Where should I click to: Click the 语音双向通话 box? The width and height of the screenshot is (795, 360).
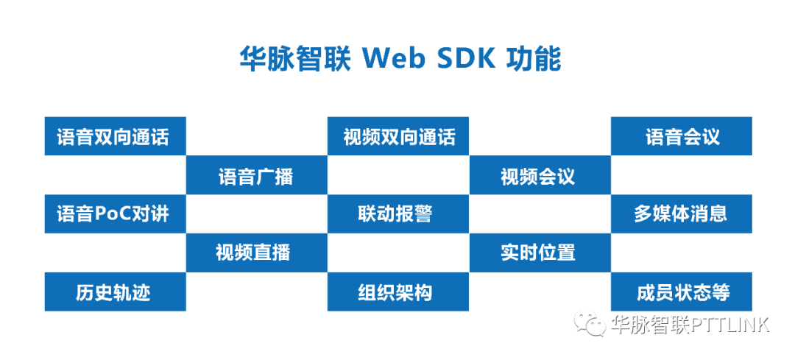[115, 136]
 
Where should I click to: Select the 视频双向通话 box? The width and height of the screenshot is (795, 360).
[398, 136]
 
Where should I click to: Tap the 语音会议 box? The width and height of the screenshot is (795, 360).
[681, 136]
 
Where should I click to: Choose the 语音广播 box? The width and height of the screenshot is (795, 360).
[257, 175]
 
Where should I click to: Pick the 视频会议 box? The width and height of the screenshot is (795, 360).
[540, 175]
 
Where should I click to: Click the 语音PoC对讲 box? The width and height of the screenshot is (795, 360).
[115, 214]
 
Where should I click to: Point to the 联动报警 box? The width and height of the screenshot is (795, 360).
[398, 214]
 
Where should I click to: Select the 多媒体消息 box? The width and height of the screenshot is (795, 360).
[681, 214]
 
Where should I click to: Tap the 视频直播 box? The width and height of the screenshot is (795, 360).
[257, 253]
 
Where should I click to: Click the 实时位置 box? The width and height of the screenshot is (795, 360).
[540, 253]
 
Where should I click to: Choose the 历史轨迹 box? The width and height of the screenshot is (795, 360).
[115, 292]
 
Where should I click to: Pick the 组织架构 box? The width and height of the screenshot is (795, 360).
[398, 292]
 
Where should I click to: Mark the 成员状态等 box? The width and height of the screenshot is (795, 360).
[681, 292]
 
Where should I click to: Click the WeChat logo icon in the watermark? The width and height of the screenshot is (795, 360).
[590, 323]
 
